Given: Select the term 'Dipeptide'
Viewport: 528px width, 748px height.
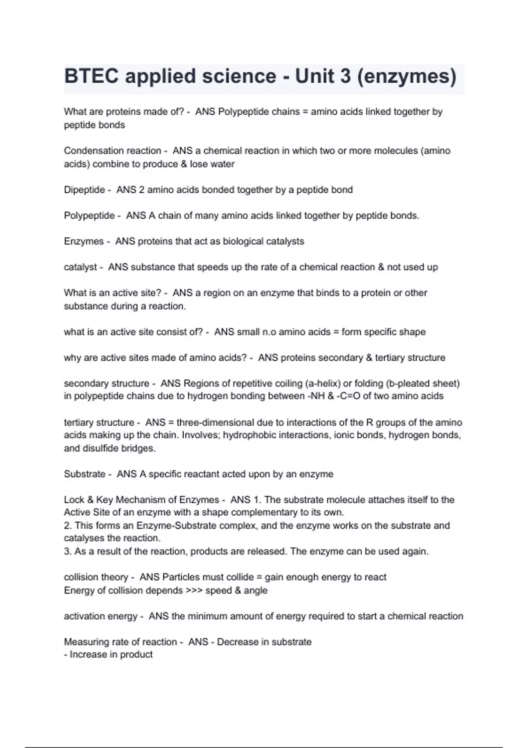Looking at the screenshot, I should pos(84,190).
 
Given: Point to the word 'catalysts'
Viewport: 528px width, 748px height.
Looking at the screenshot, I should pos(285,242).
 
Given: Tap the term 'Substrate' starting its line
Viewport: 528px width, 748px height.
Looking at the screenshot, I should pos(84,474).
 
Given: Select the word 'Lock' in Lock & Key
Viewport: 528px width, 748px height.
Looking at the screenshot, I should pos(74,500).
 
